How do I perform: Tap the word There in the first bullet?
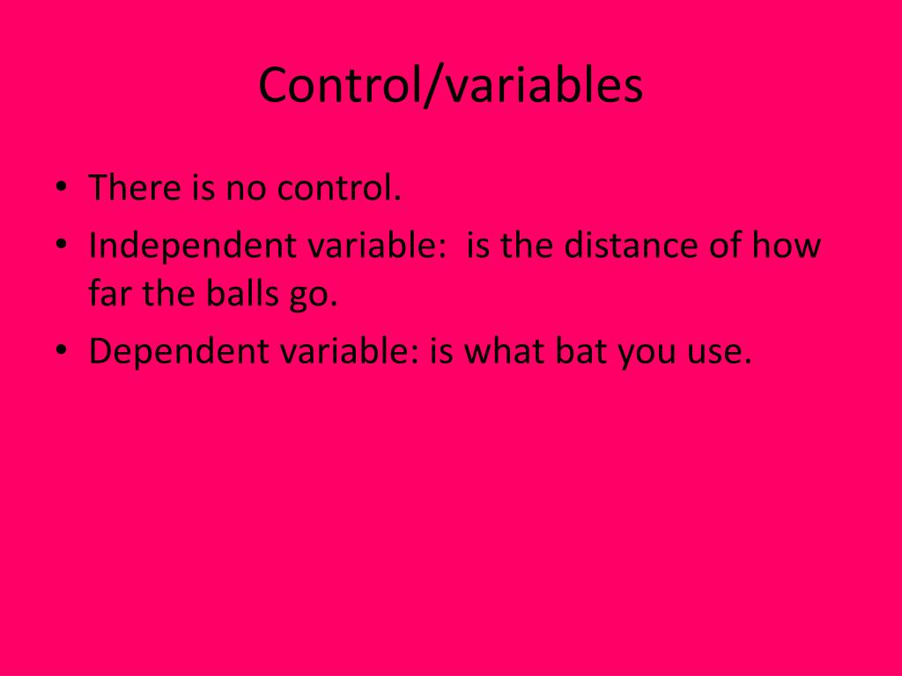click(x=134, y=187)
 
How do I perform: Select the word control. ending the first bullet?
click(x=339, y=187)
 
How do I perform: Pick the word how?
click(x=786, y=246)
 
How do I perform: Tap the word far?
click(x=111, y=293)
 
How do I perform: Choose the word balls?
click(x=233, y=293)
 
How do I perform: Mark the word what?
click(x=505, y=351)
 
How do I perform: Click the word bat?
click(x=581, y=351)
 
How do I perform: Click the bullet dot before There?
click(x=60, y=188)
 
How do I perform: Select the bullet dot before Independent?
click(x=60, y=246)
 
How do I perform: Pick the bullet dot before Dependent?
click(x=60, y=352)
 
